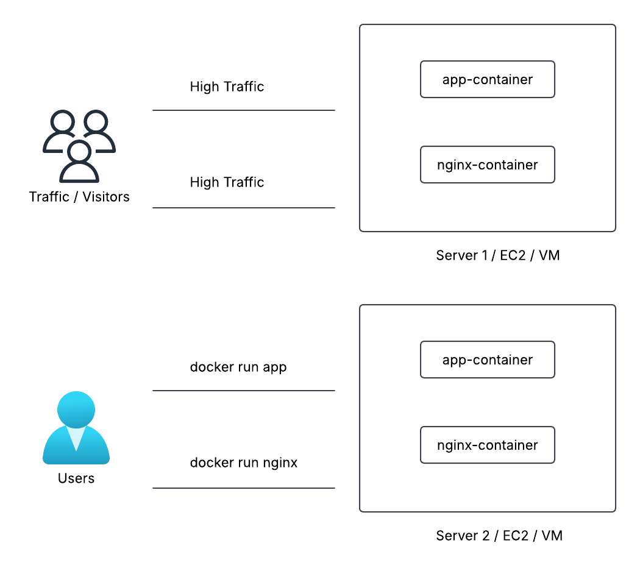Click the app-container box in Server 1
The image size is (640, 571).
pos(488,79)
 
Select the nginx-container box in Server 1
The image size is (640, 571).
pos(488,165)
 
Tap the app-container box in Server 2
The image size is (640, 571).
pos(488,360)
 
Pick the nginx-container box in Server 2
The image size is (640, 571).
pos(488,445)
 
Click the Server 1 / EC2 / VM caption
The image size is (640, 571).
pos(498,255)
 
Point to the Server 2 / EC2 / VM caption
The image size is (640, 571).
pos(499,536)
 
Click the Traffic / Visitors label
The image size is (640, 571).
pos(79,197)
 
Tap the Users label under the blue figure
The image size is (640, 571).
pos(76,478)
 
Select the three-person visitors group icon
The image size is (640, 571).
pos(79,146)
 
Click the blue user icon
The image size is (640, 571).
pos(76,428)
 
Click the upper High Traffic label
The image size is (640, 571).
pos(227,87)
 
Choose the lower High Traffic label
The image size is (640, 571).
pos(227,182)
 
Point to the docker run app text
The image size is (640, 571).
pos(238,367)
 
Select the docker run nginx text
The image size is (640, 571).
pos(244,463)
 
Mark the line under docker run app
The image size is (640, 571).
pos(244,391)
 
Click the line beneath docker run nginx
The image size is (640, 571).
pos(244,488)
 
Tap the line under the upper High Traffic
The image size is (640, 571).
pos(244,110)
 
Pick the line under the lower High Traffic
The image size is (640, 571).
pos(244,208)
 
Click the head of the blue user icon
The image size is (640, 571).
pos(76,410)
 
